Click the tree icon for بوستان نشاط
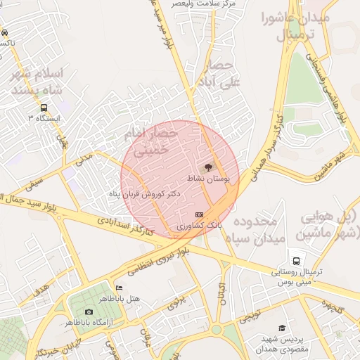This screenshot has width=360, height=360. click(207, 168)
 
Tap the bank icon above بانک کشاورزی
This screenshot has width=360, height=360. click(199, 214)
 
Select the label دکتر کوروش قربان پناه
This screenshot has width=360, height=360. click(145, 192)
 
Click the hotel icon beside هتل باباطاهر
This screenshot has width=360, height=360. click(119, 288)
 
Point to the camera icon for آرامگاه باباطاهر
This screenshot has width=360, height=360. click(89, 311)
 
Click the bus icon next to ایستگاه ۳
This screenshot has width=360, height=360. click(44, 108)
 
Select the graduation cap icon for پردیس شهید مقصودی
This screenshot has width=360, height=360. click(282, 328)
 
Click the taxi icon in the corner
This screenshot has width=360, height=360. click(4, 32)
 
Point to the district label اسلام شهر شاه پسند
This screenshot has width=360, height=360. click(44, 81)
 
